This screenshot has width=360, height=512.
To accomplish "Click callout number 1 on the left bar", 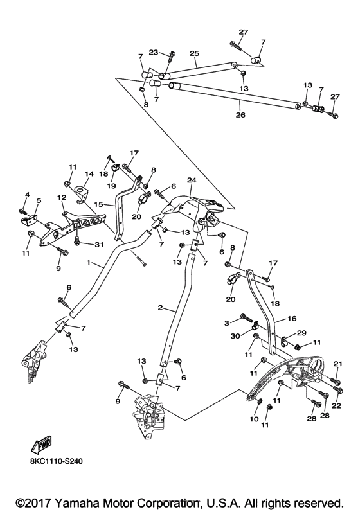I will point(90,263).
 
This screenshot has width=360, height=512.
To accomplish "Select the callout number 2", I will point(159,308).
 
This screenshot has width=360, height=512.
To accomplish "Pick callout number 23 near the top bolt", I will point(154,53).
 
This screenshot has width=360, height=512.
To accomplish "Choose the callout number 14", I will point(89,173).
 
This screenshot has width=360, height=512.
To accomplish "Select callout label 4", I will point(26,195).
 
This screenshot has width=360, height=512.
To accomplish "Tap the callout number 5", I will point(37,201).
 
